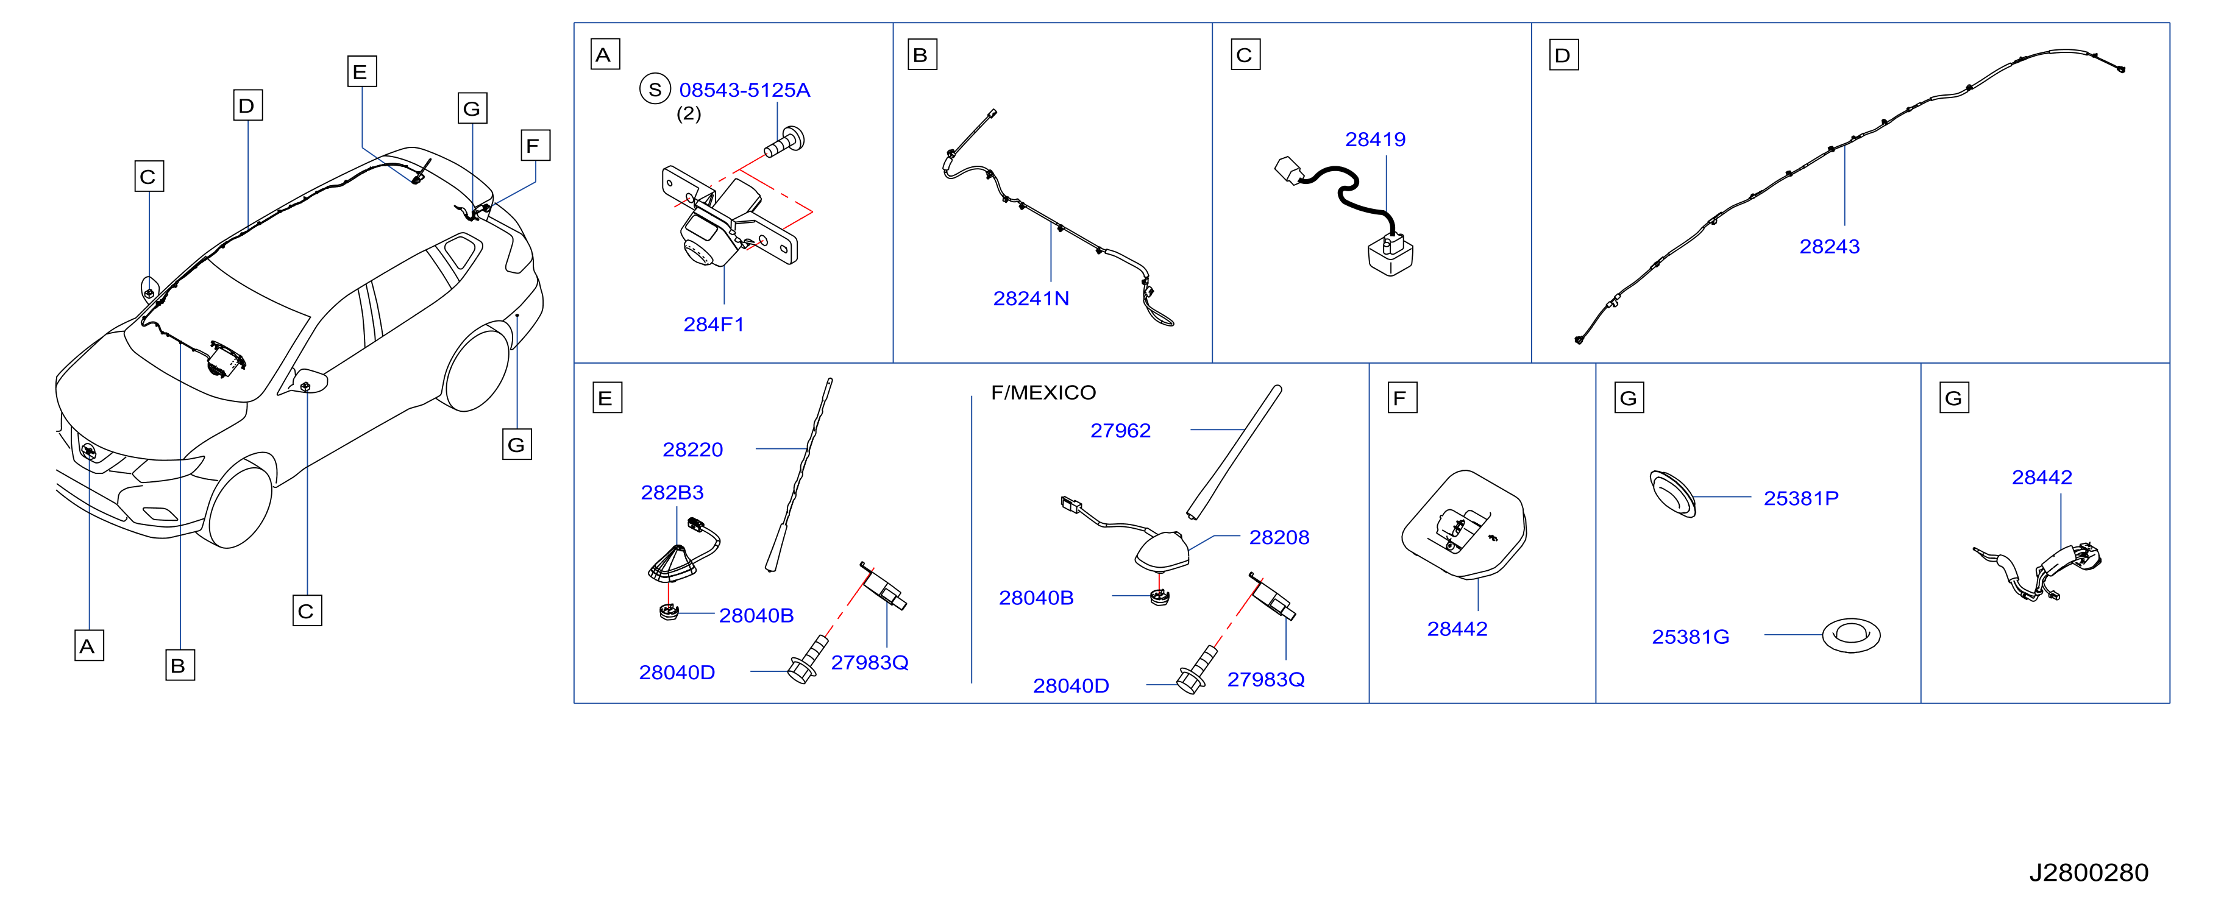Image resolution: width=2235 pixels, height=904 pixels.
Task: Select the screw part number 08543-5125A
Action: click(x=744, y=90)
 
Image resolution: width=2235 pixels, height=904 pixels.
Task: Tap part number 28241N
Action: click(x=1031, y=298)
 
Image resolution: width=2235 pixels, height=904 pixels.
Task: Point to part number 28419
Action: click(x=1375, y=139)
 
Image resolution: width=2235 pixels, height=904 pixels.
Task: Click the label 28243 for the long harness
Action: click(x=1829, y=246)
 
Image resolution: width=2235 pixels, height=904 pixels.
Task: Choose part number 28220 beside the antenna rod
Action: click(x=692, y=450)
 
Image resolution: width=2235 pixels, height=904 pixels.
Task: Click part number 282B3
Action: click(x=672, y=493)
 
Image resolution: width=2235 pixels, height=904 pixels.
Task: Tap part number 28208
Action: click(x=1279, y=538)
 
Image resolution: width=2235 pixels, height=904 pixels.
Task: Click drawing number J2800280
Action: click(x=2088, y=873)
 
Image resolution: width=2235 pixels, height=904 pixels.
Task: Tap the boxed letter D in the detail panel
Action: click(x=1563, y=55)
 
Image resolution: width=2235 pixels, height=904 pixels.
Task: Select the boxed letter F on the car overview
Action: click(x=535, y=146)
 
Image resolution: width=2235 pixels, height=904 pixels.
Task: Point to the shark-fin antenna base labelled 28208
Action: click(x=1161, y=552)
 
